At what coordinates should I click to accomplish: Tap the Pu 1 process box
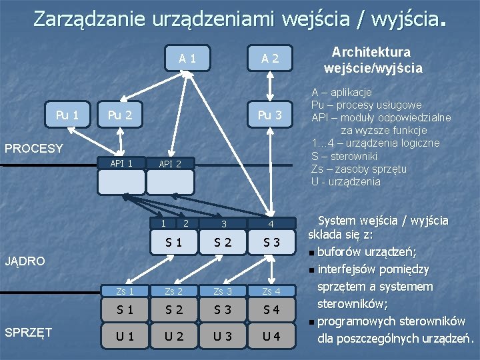[x=67, y=115]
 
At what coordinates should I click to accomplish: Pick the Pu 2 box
[x=120, y=115]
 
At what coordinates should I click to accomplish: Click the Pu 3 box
[x=270, y=115]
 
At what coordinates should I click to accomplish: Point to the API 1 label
[x=121, y=163]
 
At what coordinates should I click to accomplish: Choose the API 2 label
[x=170, y=163]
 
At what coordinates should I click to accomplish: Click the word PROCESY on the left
[x=34, y=148]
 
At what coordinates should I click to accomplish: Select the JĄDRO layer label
[x=25, y=261]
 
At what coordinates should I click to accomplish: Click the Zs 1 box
[x=125, y=291]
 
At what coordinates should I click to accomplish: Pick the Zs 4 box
[x=271, y=291]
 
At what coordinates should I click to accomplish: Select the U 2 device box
[x=175, y=335]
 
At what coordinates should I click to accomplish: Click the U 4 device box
[x=271, y=335]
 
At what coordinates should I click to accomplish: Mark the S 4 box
[x=271, y=309]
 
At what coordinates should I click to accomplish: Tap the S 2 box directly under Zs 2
[x=175, y=309]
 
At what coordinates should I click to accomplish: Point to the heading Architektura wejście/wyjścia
[x=373, y=60]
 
